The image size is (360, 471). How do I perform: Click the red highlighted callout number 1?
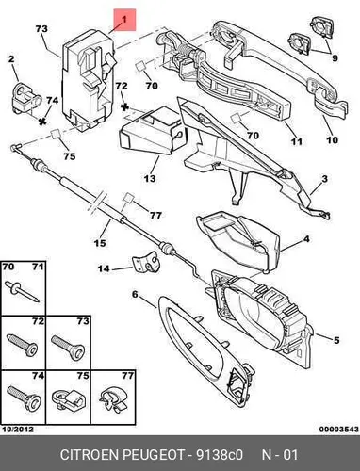tap(124, 20)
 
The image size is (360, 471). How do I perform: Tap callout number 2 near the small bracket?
tap(11, 59)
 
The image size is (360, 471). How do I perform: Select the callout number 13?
tap(150, 178)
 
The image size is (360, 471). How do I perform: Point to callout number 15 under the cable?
tap(100, 243)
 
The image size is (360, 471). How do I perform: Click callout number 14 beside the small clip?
tap(104, 268)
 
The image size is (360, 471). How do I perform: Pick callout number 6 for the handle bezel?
tap(135, 295)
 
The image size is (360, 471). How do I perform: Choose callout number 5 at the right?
tap(336, 340)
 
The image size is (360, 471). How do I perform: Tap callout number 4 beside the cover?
tap(306, 239)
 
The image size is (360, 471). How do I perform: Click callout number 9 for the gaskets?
tap(335, 58)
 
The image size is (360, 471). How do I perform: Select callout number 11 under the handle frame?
tap(296, 141)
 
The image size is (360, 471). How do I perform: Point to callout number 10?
tap(332, 139)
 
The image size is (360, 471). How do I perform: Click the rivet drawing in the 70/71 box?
tap(22, 291)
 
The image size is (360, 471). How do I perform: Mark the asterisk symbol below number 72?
tap(124, 107)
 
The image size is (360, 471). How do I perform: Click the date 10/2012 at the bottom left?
tap(18, 430)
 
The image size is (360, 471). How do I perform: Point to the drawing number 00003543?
tap(339, 430)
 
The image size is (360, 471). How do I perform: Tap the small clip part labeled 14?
tap(146, 264)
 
